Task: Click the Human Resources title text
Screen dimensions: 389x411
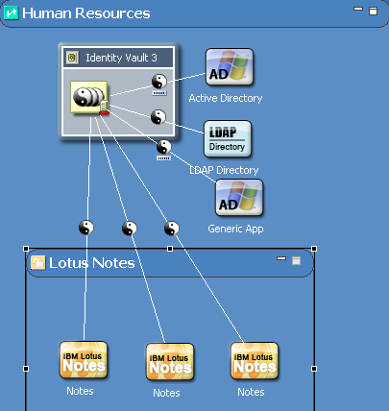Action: (86, 13)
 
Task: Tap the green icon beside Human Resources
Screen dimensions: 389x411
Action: (11, 13)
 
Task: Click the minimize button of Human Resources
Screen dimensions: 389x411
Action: (358, 9)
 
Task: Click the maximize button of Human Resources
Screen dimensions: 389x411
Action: (373, 12)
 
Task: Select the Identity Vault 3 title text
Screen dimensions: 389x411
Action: (121, 58)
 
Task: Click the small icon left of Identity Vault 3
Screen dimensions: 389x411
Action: (72, 58)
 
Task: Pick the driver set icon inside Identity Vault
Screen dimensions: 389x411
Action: (89, 97)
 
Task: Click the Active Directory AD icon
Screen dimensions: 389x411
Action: (230, 67)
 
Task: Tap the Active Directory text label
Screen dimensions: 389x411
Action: (226, 98)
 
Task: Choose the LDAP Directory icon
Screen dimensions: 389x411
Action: (228, 139)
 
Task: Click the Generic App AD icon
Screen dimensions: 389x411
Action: (239, 198)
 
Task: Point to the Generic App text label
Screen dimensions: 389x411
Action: (235, 230)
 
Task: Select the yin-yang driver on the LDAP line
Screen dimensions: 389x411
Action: (158, 117)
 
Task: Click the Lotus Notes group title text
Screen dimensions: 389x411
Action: (92, 263)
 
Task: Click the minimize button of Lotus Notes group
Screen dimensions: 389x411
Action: (281, 258)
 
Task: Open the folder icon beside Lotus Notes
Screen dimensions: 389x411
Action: (37, 263)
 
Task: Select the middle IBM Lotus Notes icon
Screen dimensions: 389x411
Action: (170, 362)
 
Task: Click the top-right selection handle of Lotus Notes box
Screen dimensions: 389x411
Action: (314, 249)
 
